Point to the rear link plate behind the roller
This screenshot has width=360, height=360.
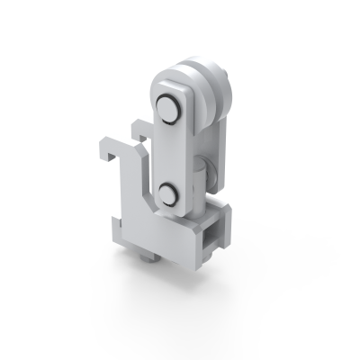220,144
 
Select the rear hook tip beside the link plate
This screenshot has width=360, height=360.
137,126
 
